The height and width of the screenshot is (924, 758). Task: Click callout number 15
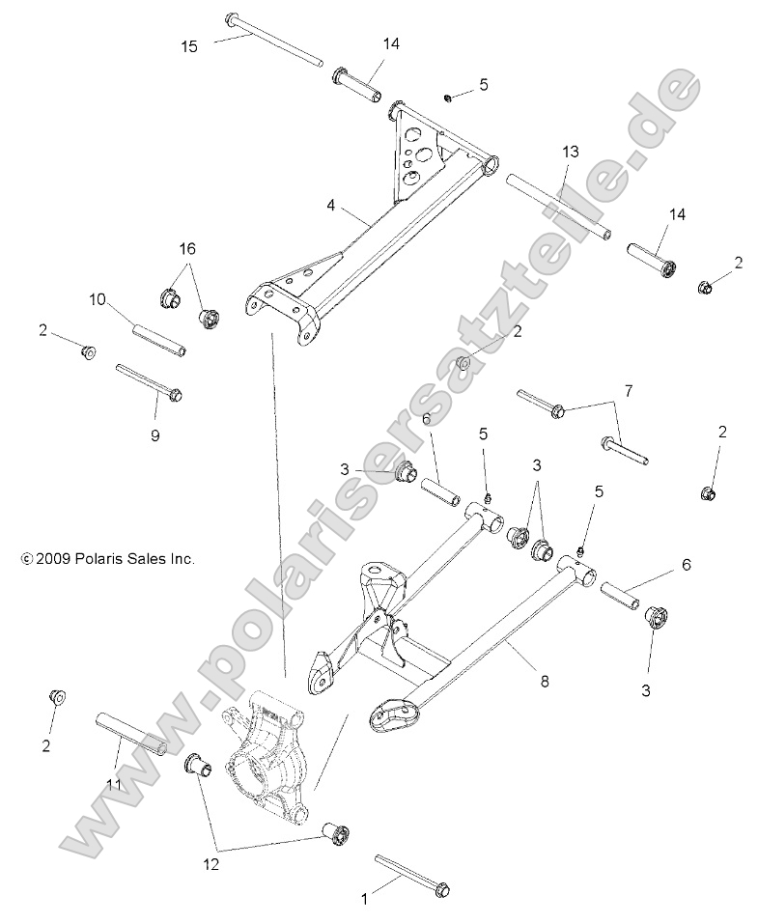[189, 45]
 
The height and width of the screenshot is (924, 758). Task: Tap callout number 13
[571, 152]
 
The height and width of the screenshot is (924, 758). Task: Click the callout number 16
[185, 248]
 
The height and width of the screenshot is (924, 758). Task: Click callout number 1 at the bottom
[364, 899]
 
